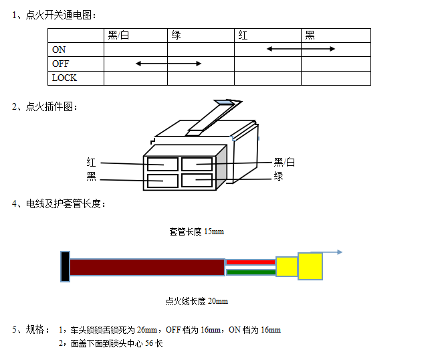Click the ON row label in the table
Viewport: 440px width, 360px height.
(59, 50)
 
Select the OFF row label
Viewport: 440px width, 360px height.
(61, 64)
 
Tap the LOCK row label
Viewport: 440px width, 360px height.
(64, 78)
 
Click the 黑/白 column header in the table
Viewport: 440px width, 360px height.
(118, 35)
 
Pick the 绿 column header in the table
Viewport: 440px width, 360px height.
(176, 35)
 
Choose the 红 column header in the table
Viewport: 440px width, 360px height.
(243, 35)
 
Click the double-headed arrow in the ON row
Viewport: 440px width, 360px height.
(301, 49)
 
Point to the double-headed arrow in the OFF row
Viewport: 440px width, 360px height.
(169, 64)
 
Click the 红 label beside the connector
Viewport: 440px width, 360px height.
(91, 163)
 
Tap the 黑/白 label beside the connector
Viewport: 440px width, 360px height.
(284, 163)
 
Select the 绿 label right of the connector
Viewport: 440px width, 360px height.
(278, 177)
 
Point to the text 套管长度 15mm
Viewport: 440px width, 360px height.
(197, 232)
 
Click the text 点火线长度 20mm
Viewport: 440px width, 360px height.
(197, 301)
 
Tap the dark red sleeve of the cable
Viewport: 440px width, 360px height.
(147, 267)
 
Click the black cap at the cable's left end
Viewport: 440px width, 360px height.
(65, 266)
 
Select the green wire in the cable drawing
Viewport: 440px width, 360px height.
(251, 272)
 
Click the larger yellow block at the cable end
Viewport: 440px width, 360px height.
(310, 266)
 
